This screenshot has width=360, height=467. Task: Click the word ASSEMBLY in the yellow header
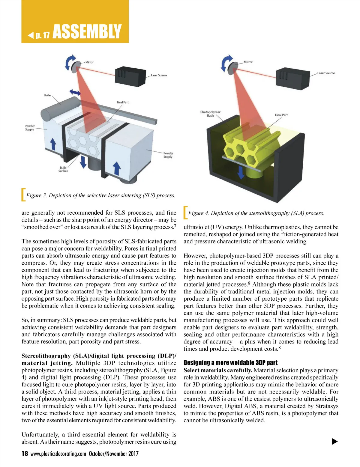pos(87,32)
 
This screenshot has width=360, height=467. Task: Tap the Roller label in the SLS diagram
pos(48,95)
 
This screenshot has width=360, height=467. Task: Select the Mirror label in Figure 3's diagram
pos(89,62)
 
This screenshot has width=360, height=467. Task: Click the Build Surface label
pos(63,169)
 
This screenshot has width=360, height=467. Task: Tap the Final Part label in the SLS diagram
pos(122,102)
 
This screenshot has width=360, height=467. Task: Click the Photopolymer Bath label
pos(210,114)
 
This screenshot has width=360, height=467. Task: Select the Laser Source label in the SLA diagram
pos(326,73)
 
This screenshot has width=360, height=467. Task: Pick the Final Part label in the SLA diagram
pos(281,115)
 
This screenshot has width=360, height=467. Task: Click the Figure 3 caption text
pos(100,195)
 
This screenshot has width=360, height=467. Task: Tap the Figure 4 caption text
pos(256,213)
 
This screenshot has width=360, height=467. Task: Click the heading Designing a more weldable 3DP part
pos(230,363)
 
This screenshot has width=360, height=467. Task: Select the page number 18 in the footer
pos(25,454)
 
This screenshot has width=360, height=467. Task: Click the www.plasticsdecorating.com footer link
pos(58,454)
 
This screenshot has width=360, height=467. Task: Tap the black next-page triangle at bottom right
pos(334,441)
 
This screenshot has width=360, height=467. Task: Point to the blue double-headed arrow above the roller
pos(75,92)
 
